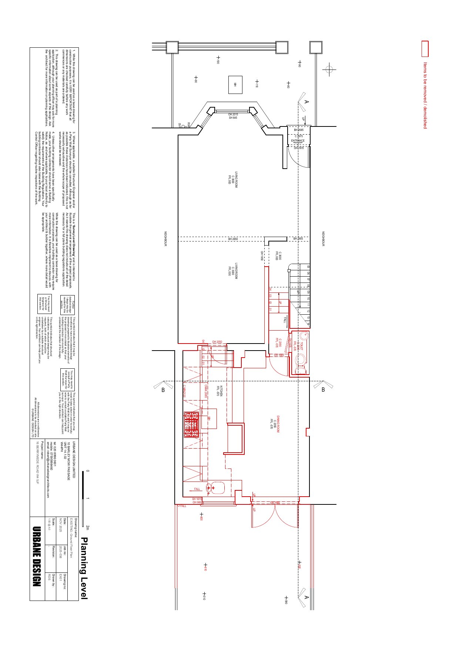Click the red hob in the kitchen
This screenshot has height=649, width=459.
(191, 425)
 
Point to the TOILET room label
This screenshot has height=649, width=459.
(302, 346)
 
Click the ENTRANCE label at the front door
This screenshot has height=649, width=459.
(298, 141)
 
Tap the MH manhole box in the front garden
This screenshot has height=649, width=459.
(235, 85)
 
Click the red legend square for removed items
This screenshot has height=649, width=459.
(425, 48)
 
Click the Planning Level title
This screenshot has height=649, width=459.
(84, 568)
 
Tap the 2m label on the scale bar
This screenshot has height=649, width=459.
(87, 527)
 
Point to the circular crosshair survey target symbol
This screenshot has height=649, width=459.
(329, 69)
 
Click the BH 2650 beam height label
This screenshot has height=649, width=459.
(233, 239)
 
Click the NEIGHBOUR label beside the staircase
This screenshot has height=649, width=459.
(323, 239)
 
